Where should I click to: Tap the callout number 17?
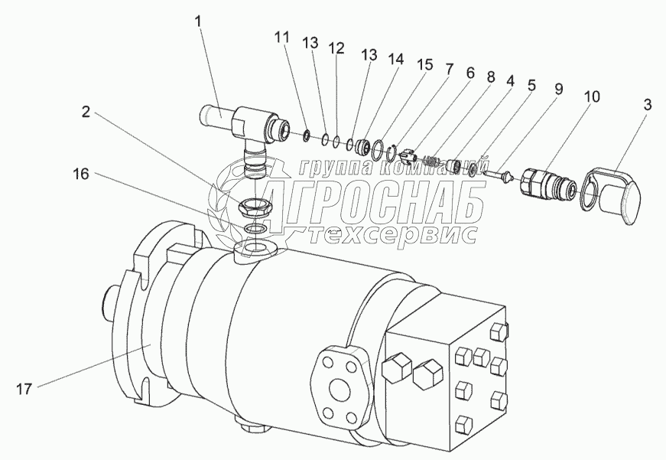point(24,389)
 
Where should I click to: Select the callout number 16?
point(80,174)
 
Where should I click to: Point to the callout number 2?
point(86,113)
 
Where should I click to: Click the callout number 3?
point(647,105)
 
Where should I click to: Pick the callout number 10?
point(592,97)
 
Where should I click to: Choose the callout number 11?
point(281,38)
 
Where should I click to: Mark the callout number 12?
point(336,48)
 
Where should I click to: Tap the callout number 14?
point(395,60)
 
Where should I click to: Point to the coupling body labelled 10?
point(547,184)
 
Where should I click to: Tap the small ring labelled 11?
point(305,136)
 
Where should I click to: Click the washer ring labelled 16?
point(255,229)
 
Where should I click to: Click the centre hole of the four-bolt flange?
point(339,389)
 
